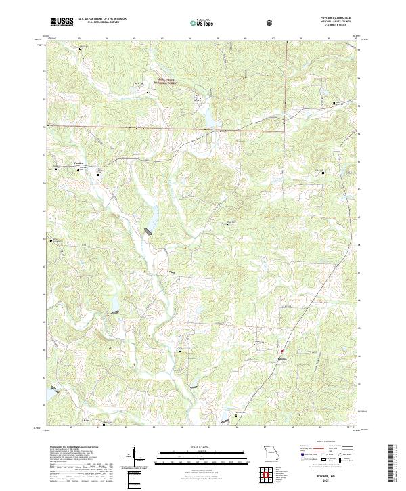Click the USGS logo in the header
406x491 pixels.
tap(62, 22)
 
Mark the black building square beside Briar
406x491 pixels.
tap(103, 425)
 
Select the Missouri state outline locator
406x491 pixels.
tap(272, 452)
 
